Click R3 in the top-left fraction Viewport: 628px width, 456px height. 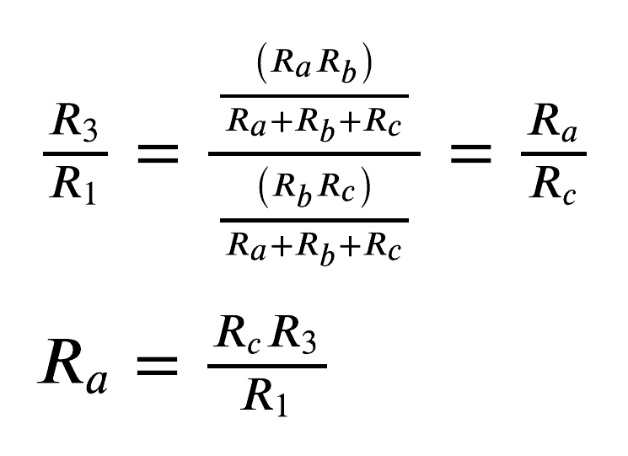pos(74,122)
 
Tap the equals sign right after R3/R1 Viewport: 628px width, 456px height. pos(158,153)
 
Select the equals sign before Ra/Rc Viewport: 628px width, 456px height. pos(470,153)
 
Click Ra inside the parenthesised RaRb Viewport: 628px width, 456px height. pos(291,64)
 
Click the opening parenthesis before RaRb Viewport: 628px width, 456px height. pos(262,63)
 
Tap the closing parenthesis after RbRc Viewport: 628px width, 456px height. pos(365,187)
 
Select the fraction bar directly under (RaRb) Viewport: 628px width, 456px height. pos(314,96)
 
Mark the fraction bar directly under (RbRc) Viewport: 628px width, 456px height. pos(314,220)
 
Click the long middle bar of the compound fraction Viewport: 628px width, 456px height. pos(314,153)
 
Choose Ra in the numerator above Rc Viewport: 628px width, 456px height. pos(553,122)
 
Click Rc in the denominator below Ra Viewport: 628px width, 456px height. pos(553,185)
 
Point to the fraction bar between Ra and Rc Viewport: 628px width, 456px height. pos(554,153)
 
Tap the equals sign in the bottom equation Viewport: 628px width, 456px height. pos(157,366)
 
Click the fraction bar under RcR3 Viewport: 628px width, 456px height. pos(267,366)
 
